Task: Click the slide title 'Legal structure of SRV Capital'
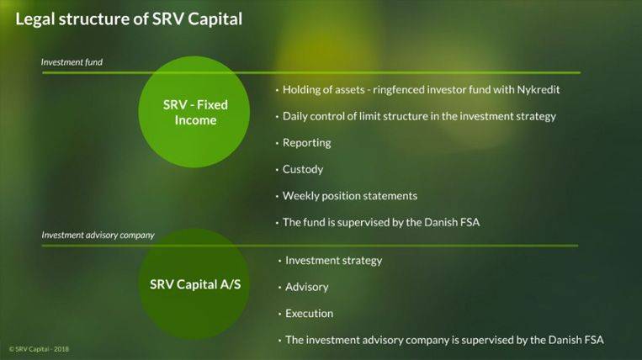(129, 19)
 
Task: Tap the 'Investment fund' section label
(72, 62)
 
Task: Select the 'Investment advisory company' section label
(98, 236)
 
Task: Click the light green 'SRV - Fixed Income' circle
(194, 112)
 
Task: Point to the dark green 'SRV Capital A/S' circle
(194, 284)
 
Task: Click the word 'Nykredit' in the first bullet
(538, 90)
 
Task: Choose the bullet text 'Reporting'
(306, 143)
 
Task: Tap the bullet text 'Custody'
(303, 169)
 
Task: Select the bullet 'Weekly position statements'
(350, 196)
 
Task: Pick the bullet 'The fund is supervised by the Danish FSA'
(381, 223)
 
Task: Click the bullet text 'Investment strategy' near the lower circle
(334, 261)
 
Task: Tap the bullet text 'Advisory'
(306, 287)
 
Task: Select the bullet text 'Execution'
(309, 314)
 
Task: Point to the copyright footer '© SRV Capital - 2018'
(39, 349)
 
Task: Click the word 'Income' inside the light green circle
(195, 120)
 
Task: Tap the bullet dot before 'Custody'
(277, 170)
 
